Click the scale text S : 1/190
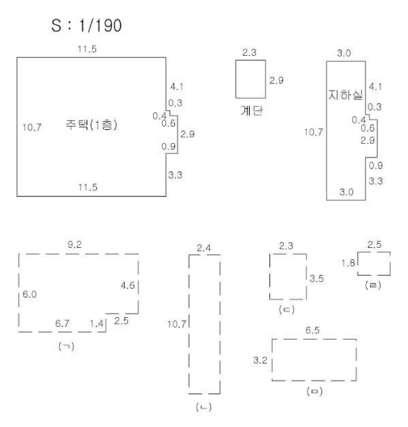[x=86, y=26]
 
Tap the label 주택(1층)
[x=91, y=125]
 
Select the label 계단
[x=252, y=111]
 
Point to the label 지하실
[x=345, y=95]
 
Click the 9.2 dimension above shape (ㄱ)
[x=74, y=245]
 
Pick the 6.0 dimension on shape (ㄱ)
[x=30, y=294]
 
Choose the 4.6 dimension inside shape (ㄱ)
[x=128, y=286]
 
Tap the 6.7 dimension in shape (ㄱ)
[x=62, y=324]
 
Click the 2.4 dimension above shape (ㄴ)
[x=204, y=248]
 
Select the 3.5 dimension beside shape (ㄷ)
[x=317, y=278]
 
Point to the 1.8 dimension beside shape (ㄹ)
[x=348, y=263]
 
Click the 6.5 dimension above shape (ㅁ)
[x=313, y=330]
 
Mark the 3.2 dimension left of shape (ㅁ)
[x=260, y=360]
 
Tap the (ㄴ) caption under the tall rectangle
[x=204, y=407]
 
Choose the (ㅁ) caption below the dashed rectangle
[x=314, y=391]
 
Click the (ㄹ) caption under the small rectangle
[x=373, y=285]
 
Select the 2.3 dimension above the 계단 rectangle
[x=249, y=52]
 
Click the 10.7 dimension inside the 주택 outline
[x=32, y=128]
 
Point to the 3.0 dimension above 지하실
[x=343, y=53]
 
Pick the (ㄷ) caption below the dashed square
[x=287, y=310]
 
